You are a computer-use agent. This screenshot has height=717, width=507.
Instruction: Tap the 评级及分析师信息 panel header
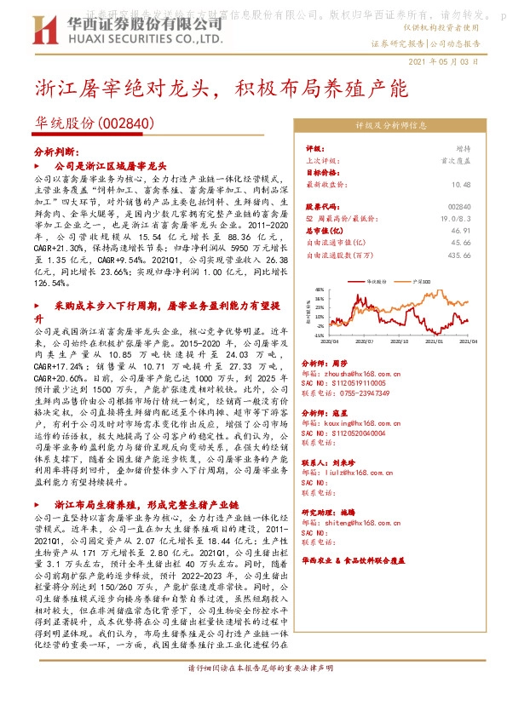390,124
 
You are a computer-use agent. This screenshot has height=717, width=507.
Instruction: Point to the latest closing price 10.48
461,184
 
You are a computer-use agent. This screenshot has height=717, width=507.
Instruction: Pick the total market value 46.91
461,230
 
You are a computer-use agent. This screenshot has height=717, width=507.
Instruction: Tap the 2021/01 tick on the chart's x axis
436,340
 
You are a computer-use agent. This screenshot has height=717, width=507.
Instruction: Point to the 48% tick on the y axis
319,288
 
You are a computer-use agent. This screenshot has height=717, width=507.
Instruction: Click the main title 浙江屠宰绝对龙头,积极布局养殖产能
222,88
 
